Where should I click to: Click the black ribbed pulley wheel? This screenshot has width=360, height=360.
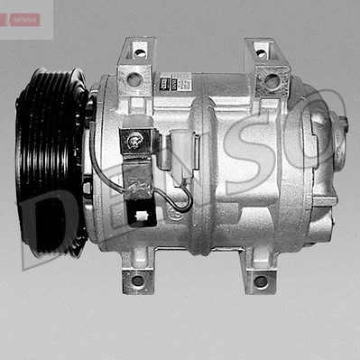coord(50,162)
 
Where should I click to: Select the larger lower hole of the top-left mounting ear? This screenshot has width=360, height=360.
coord(134,80)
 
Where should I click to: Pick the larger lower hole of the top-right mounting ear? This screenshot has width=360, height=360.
coord(271,81)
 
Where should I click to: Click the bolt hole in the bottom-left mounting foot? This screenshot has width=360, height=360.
coord(137,280)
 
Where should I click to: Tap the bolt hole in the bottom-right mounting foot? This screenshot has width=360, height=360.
coord(261,281)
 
